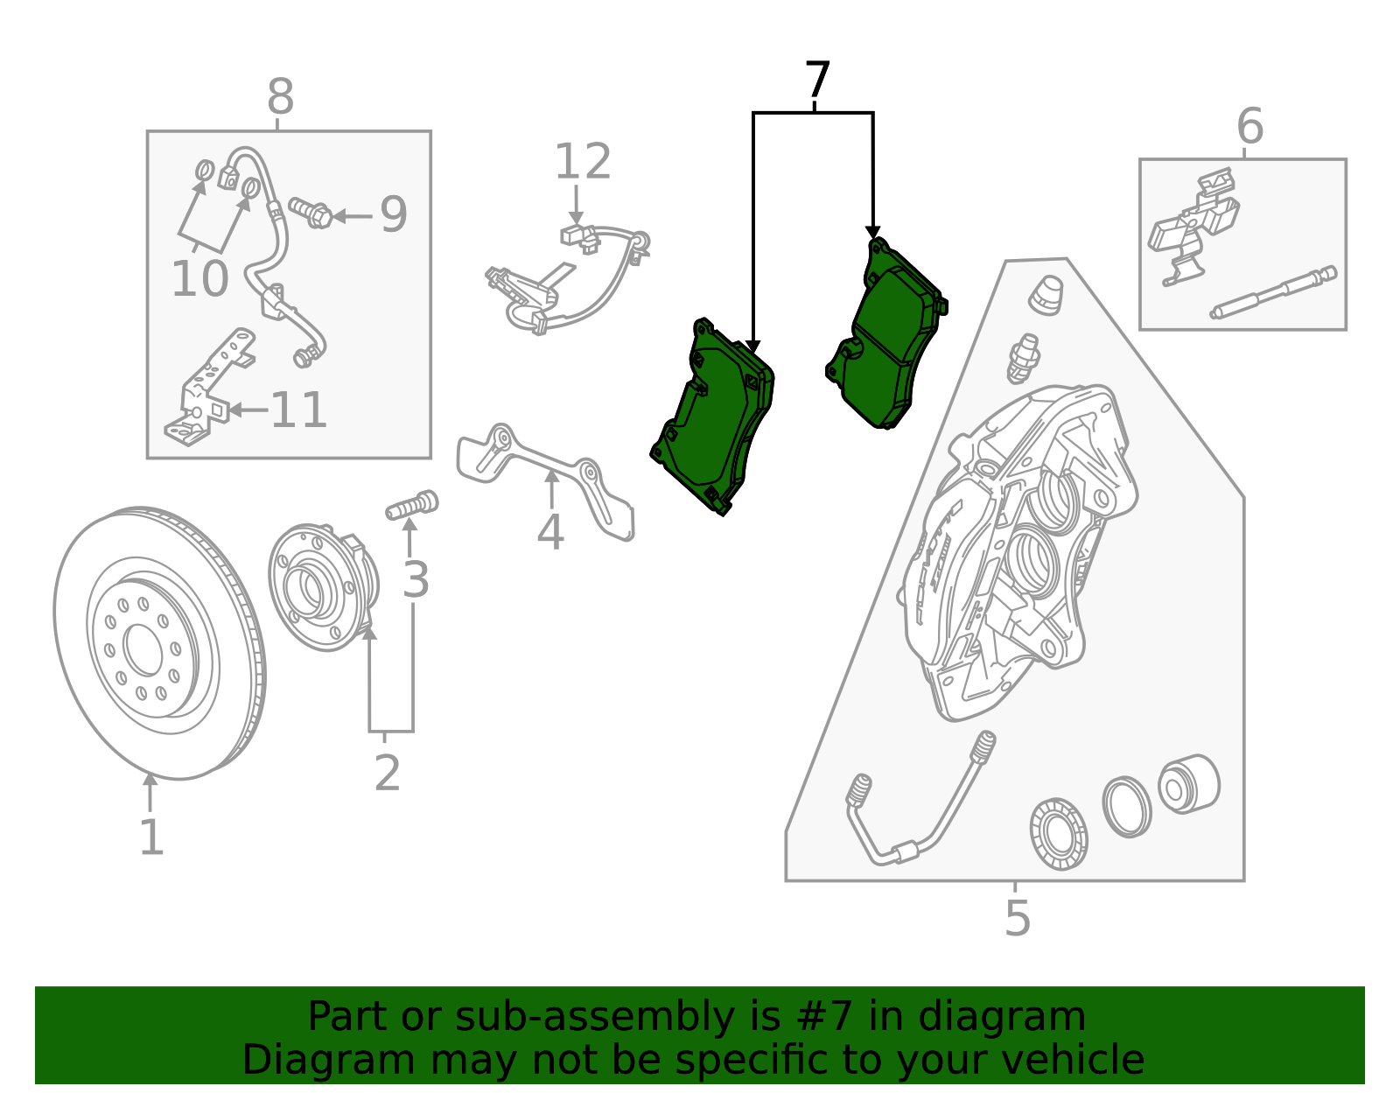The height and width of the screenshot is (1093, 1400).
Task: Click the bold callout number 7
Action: pos(816,81)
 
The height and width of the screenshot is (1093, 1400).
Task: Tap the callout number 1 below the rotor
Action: pos(151,837)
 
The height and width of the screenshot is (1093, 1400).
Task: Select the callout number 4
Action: pos(549,532)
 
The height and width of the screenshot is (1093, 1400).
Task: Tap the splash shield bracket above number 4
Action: pos(542,473)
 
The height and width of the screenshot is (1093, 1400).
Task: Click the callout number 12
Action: pos(583,162)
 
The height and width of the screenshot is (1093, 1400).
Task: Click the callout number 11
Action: pos(298,410)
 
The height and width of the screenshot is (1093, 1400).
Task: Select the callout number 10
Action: pos(199,279)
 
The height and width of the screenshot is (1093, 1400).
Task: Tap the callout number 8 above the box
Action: pos(280,97)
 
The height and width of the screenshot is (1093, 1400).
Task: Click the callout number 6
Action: pos(1249,126)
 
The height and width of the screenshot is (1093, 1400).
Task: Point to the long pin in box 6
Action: pos(1273,293)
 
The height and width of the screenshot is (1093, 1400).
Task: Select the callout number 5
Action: pos(1017,917)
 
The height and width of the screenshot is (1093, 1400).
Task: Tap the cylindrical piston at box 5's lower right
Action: pos(1188,784)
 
